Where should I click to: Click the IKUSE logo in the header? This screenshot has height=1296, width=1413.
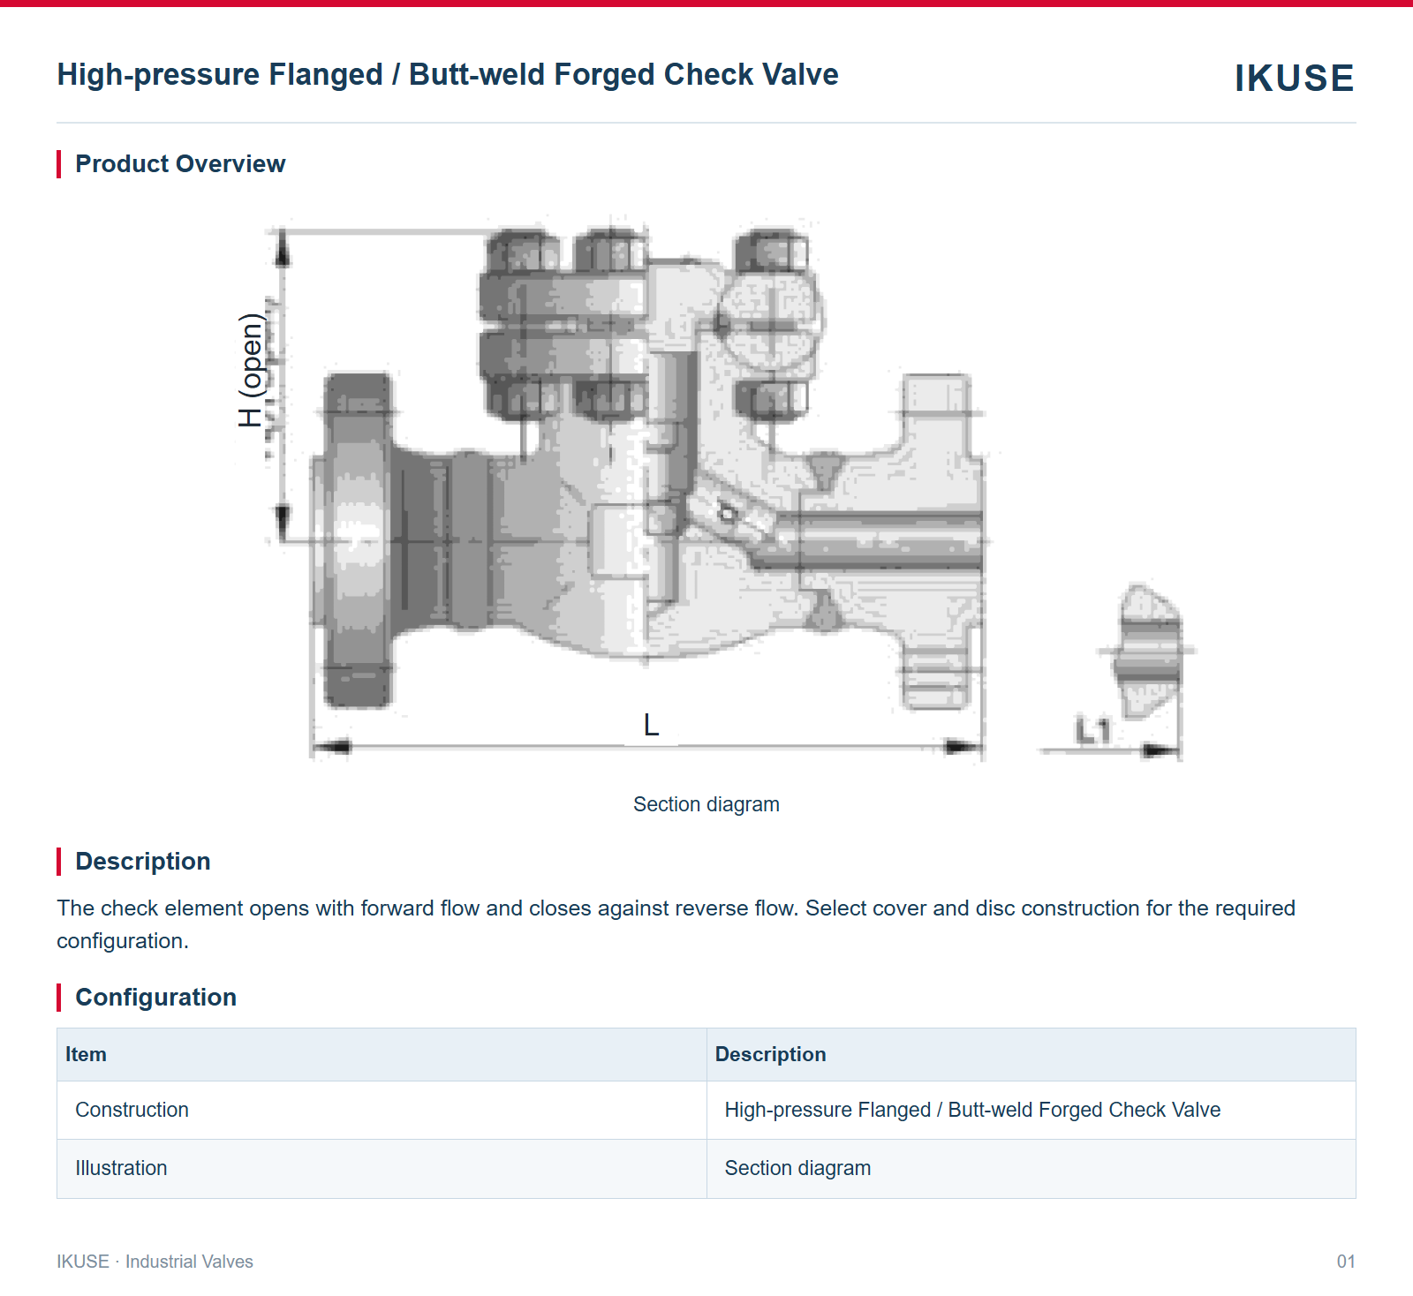(x=1294, y=78)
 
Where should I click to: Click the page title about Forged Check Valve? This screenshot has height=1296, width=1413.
(x=448, y=74)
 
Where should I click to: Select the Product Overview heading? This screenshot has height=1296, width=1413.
(x=180, y=163)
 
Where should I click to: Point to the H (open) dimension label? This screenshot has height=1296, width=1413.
(x=252, y=370)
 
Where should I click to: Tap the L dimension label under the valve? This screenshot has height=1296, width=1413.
(x=651, y=725)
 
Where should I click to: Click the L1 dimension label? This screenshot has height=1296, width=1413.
(x=1092, y=730)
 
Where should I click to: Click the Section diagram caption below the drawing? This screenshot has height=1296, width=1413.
(x=706, y=804)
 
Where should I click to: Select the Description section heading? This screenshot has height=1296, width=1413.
(x=143, y=861)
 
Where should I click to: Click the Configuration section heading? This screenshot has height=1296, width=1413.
(x=156, y=997)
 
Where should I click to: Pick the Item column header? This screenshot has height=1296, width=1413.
(x=86, y=1054)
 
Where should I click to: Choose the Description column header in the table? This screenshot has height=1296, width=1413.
(x=771, y=1054)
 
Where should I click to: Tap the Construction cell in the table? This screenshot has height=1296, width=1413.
(x=132, y=1110)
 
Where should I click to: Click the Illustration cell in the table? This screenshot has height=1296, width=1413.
(x=121, y=1168)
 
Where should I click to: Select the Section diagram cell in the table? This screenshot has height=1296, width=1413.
(x=797, y=1168)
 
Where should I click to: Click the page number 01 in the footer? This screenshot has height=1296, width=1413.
(x=1346, y=1262)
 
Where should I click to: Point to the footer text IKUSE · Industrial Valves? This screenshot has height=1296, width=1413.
(x=155, y=1262)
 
